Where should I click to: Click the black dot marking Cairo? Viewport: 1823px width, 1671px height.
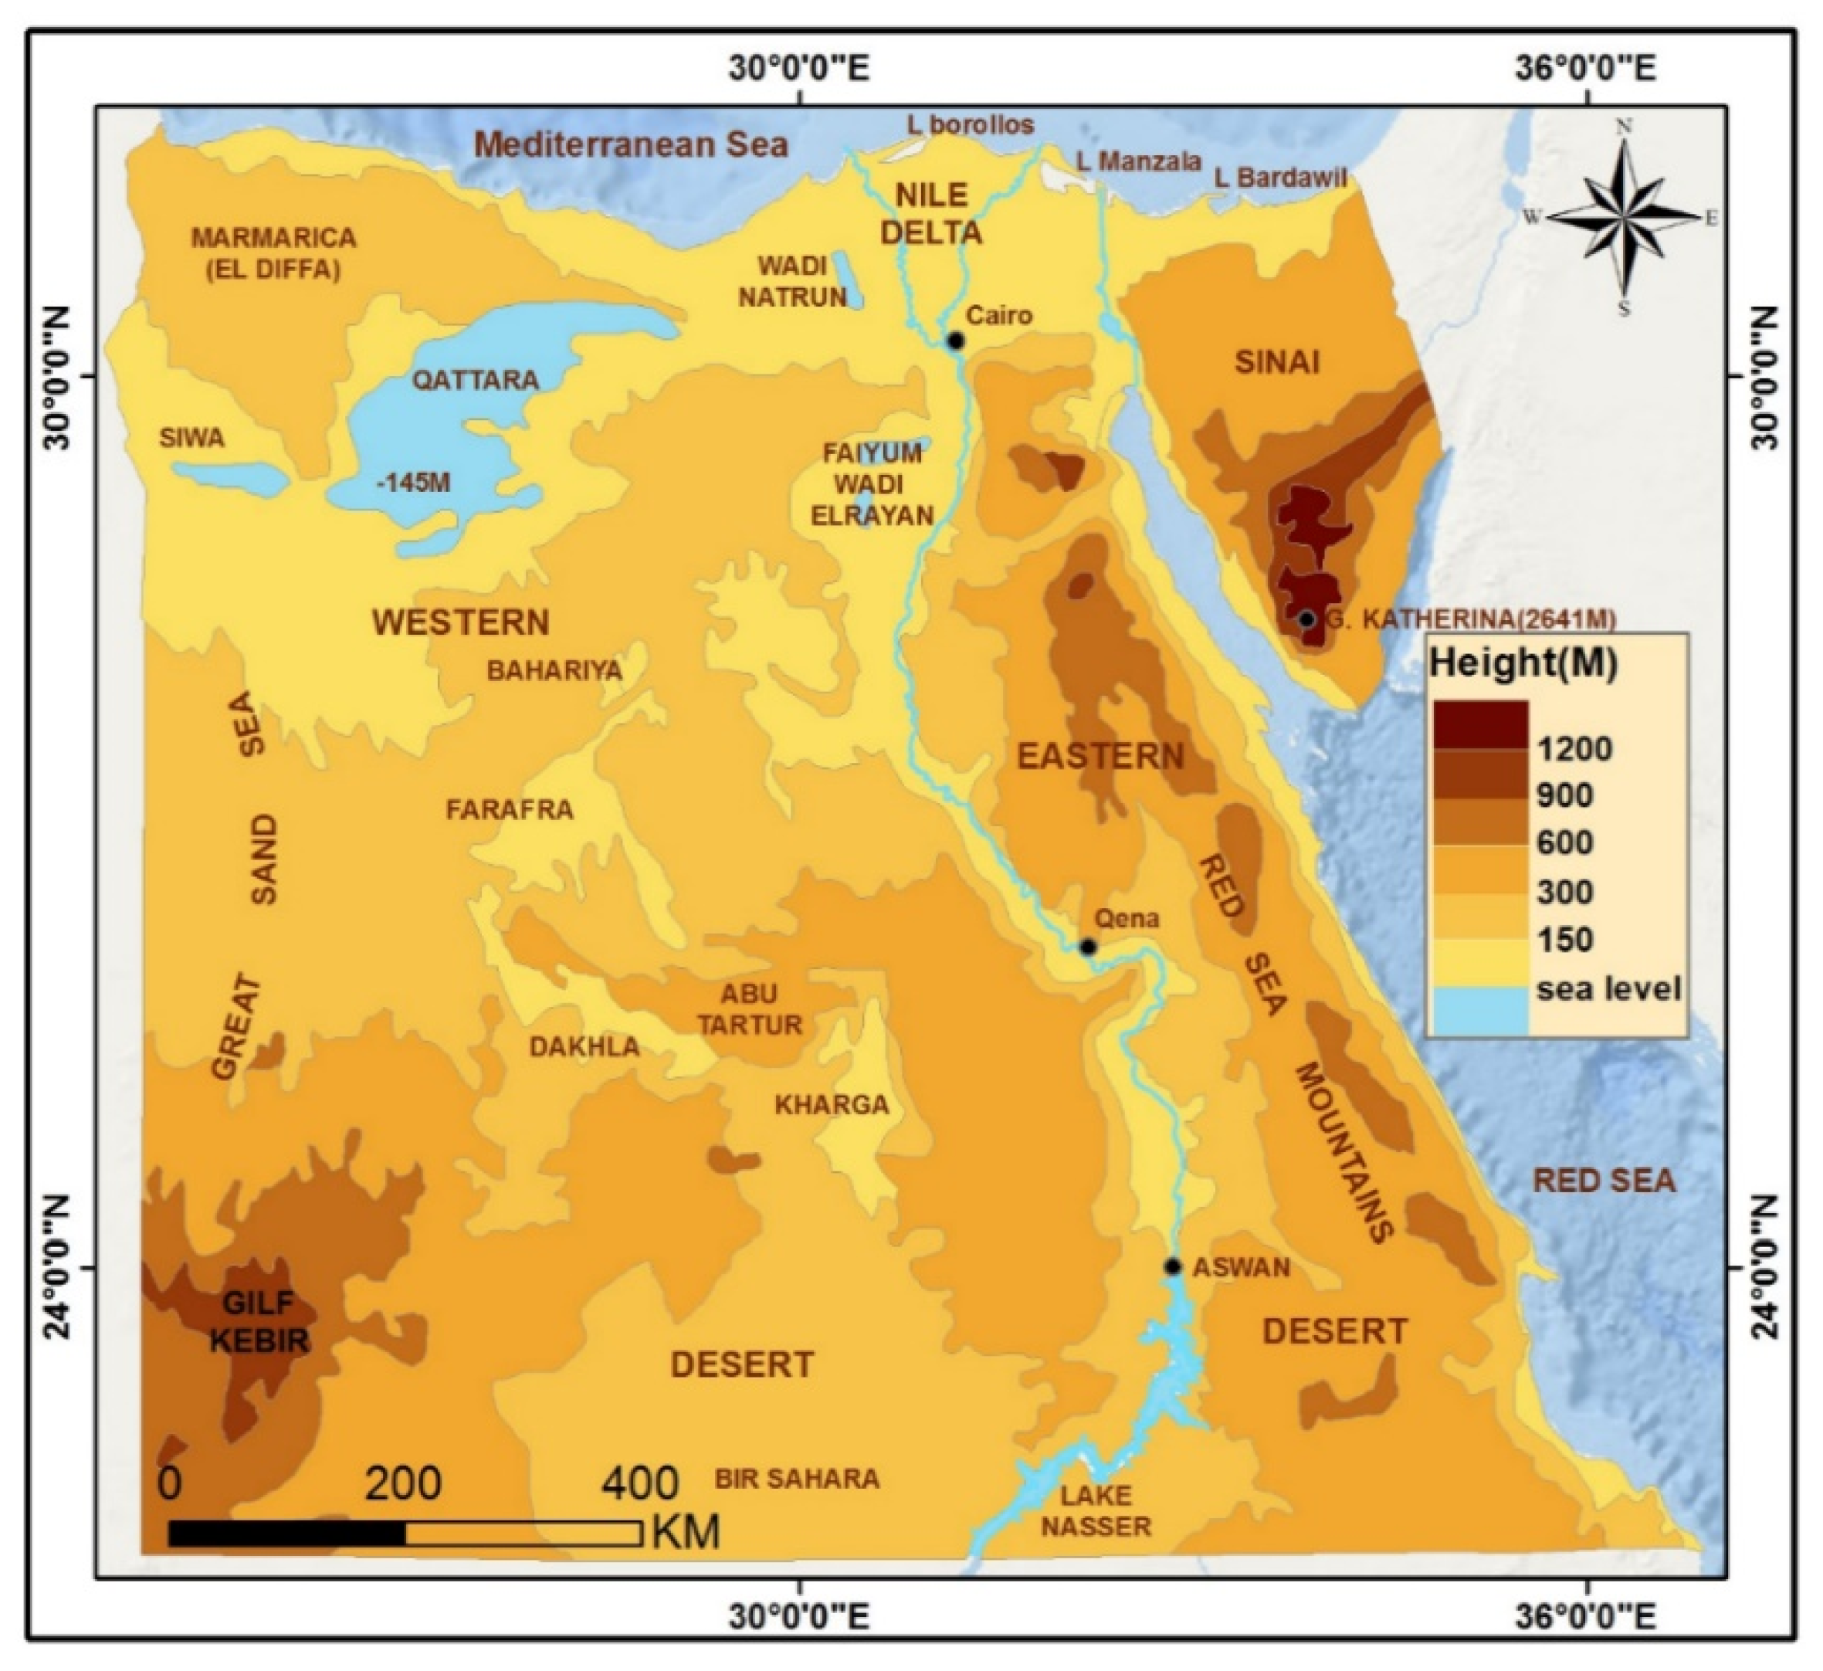(956, 341)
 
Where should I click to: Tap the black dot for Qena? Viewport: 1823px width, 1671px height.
(1088, 947)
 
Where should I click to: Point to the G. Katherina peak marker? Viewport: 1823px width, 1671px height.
(1306, 619)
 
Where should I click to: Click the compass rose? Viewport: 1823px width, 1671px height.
(1625, 217)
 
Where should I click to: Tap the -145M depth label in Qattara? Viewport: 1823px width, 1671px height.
(413, 483)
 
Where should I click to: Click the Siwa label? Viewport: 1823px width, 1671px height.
(191, 439)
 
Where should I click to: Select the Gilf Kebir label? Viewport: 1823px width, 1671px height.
(259, 1321)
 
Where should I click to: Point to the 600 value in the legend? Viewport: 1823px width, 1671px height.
(1564, 842)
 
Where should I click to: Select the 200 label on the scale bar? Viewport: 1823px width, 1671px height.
(402, 1483)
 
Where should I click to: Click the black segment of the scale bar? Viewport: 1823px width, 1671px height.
(286, 1534)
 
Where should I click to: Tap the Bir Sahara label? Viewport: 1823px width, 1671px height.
(797, 1479)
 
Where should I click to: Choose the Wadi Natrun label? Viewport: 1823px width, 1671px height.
(792, 281)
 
